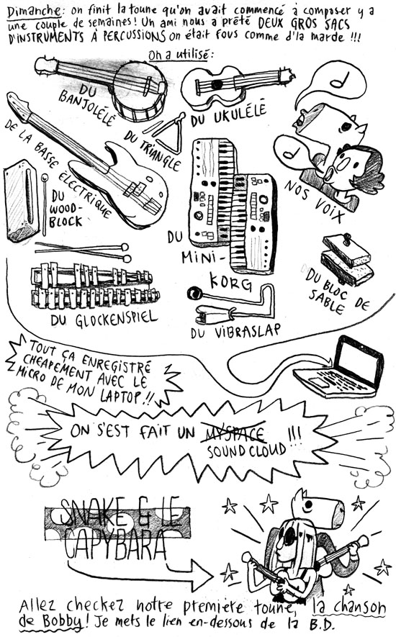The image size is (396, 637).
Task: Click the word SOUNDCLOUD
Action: point(246,450)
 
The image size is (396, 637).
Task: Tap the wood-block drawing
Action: point(20,200)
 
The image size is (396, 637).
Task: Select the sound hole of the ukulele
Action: point(216,84)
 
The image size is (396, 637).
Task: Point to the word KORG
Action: point(230,280)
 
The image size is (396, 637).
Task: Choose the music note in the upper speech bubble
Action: point(341,80)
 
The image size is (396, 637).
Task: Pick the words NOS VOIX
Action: point(313,202)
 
